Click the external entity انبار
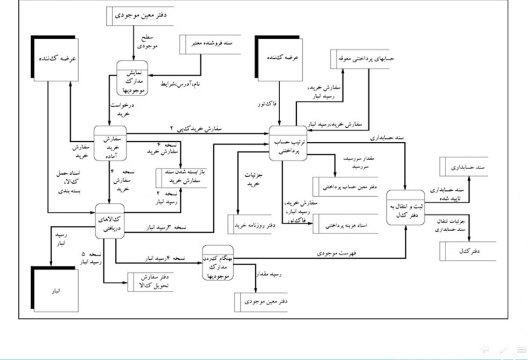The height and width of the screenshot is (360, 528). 55,290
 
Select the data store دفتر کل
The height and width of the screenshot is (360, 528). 469,251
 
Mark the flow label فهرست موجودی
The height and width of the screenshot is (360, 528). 328,253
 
